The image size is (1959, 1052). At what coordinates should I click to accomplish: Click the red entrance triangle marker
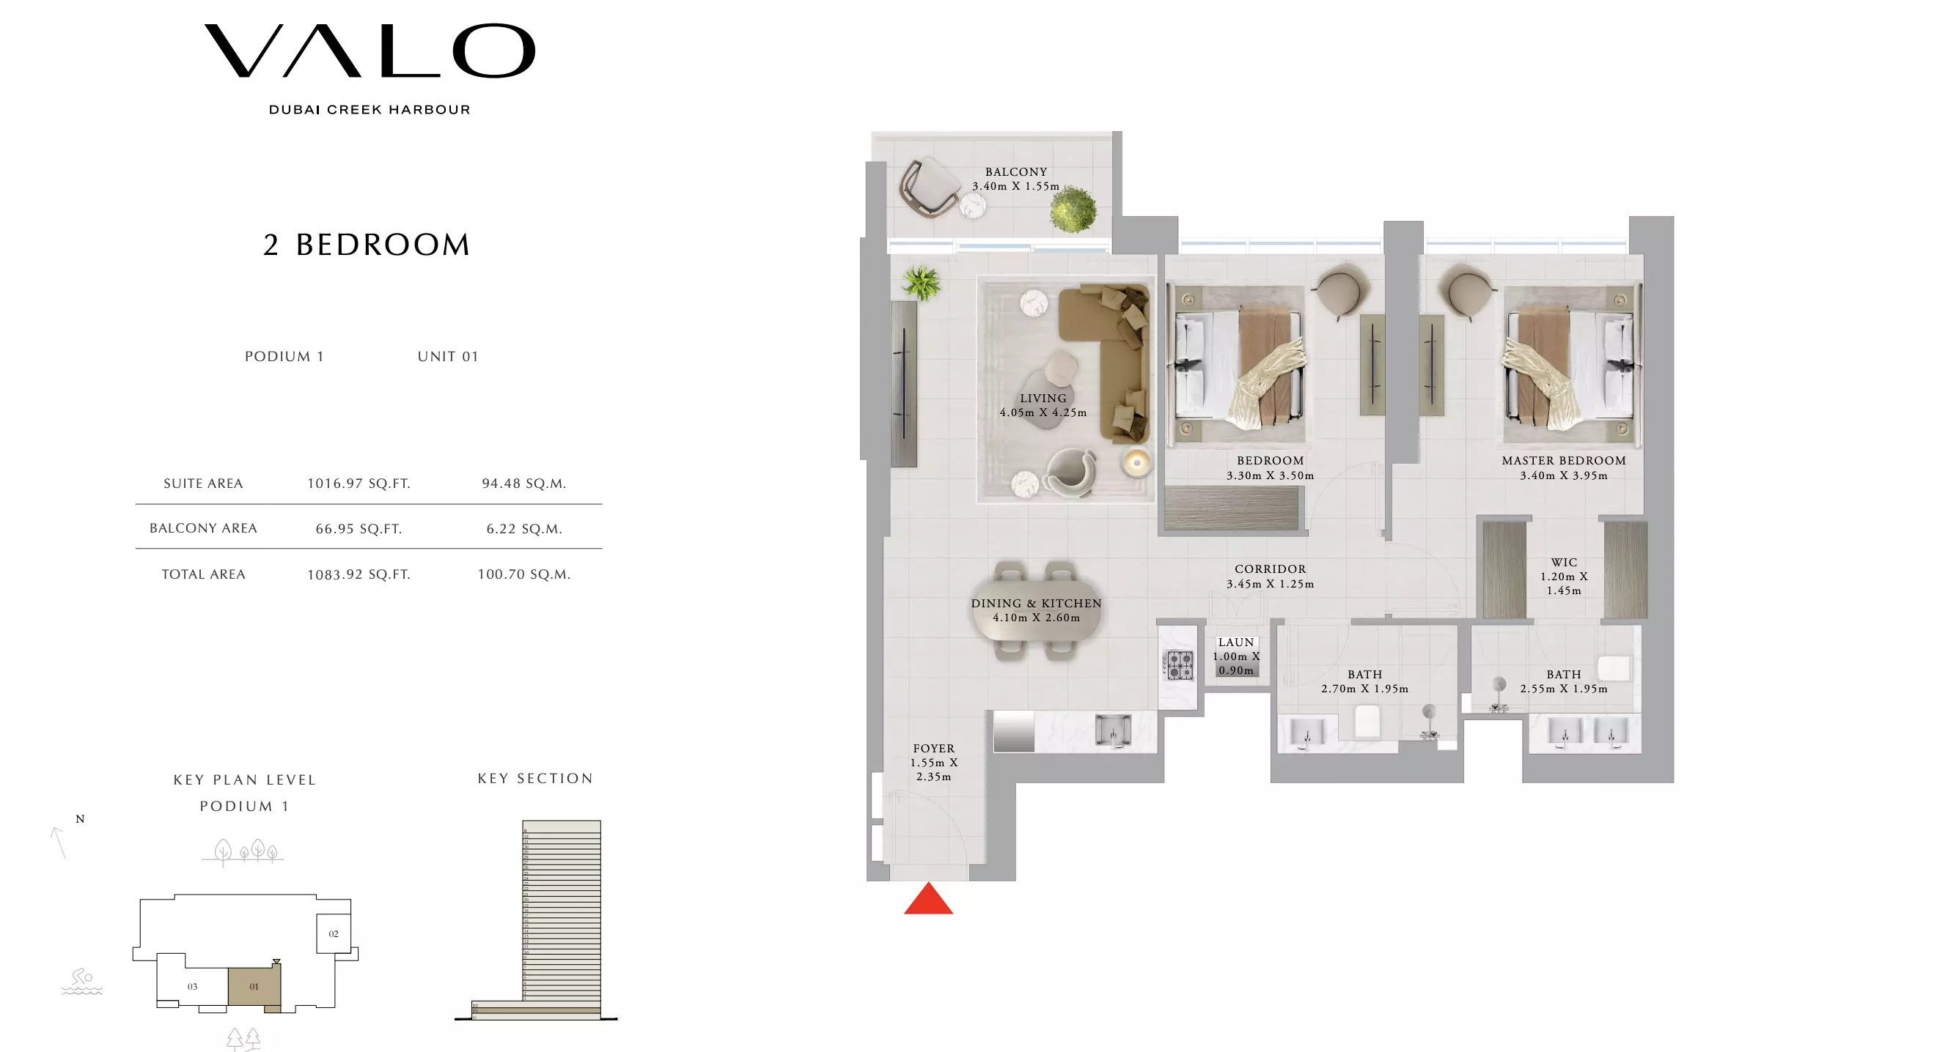927,900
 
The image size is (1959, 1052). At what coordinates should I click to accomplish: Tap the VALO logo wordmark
370,51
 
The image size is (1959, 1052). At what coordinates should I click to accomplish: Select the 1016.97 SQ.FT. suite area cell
359,484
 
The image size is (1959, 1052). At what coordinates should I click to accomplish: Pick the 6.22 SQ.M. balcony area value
524,529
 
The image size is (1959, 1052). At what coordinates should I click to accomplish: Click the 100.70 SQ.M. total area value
524,574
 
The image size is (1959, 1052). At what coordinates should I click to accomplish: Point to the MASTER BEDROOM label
1564,461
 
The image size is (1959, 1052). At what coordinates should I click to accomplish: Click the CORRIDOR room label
1270,569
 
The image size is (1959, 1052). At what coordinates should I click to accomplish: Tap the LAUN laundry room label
1236,642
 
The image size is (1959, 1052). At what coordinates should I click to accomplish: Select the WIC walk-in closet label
1564,563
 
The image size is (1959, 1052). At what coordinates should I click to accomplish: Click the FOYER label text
933,749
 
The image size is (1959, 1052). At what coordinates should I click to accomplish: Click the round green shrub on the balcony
1073,209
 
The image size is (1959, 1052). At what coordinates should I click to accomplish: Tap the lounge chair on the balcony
930,187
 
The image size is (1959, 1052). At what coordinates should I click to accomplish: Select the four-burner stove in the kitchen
1180,665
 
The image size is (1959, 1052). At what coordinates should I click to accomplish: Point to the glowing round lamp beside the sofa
1136,462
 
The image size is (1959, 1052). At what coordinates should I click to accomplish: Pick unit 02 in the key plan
333,934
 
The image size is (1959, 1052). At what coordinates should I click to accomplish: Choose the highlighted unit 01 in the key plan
254,987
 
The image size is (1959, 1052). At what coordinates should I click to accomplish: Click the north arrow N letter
80,820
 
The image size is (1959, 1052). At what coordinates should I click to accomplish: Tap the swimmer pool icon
81,982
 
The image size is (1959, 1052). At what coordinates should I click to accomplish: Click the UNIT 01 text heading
448,357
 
